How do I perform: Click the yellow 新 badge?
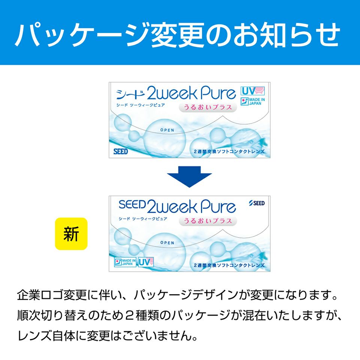[x=71, y=234]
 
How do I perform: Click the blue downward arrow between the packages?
[x=189, y=177]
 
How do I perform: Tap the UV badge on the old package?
[x=252, y=91]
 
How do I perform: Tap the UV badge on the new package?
[x=146, y=262]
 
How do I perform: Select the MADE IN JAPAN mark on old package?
[x=253, y=102]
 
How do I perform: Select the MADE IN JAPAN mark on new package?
[x=125, y=262]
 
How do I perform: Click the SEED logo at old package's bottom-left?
[x=120, y=151]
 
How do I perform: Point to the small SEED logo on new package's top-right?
[x=257, y=203]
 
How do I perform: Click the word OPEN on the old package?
[x=167, y=130]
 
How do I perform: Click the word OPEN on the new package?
[x=167, y=243]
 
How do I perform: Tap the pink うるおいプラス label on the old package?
[x=208, y=107]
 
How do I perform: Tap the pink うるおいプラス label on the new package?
[x=208, y=221]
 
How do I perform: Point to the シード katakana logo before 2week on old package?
[x=130, y=94]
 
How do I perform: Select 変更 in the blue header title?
[x=178, y=35]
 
